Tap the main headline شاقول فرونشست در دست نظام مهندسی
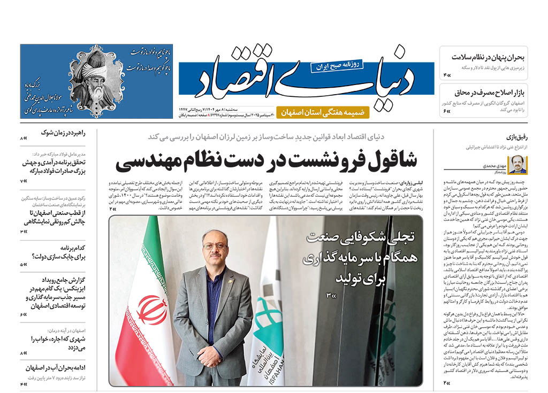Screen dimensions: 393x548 (266, 161)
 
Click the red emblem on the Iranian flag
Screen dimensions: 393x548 (151, 310)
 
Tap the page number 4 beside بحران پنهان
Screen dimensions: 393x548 (445, 75)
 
